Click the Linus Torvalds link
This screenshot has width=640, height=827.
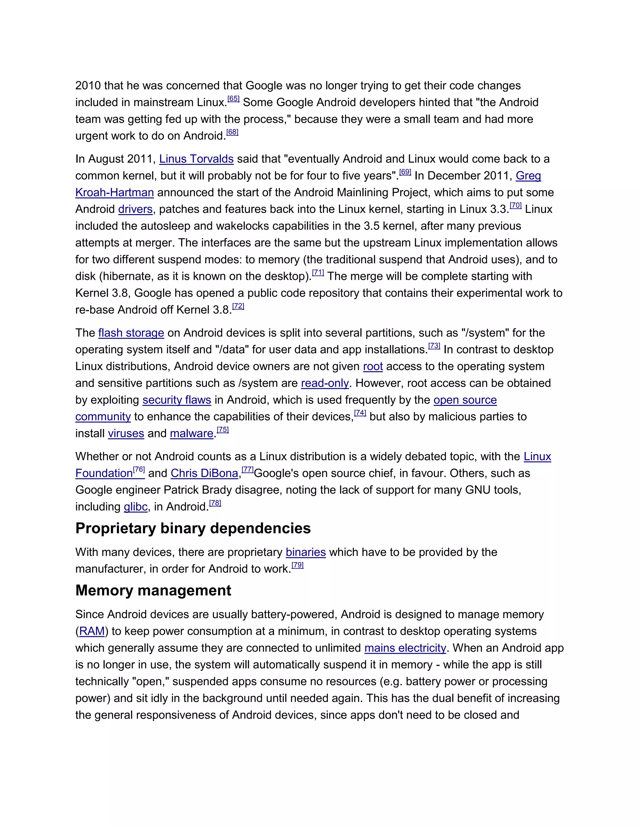[196, 159]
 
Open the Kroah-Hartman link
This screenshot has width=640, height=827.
[114, 193]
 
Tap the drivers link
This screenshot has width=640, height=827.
[135, 209]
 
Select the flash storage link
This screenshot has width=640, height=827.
[131, 333]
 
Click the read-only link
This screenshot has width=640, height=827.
[325, 383]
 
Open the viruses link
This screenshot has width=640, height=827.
[126, 433]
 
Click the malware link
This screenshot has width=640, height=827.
[192, 433]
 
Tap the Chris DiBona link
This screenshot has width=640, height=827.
[204, 474]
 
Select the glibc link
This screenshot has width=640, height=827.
[135, 507]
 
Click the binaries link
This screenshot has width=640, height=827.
[306, 552]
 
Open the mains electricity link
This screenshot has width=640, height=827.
[405, 648]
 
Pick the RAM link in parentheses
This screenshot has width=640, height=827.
[92, 632]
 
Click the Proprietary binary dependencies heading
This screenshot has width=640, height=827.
[193, 529]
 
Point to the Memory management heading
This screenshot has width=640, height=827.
[153, 591]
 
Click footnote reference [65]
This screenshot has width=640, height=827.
[233, 99]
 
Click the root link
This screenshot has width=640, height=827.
[373, 367]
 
